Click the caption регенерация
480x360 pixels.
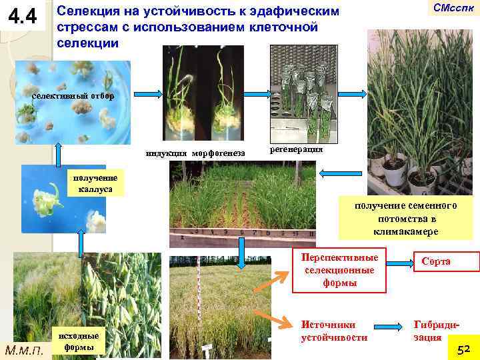296,149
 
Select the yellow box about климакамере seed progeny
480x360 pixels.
407,217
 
